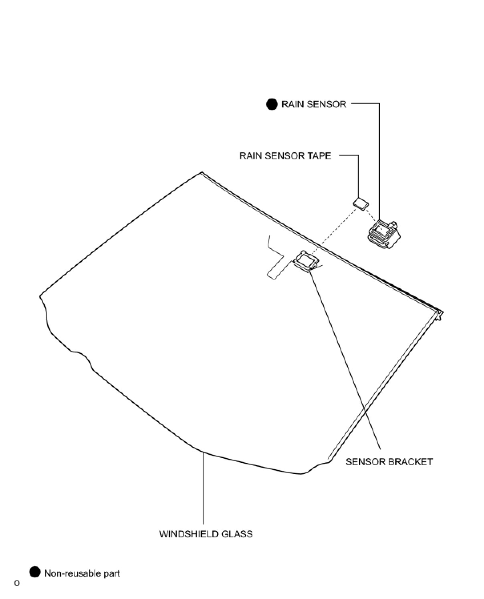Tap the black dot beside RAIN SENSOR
(272, 105)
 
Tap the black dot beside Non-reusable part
(35, 573)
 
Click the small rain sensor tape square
(361, 203)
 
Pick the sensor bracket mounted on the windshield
(307, 261)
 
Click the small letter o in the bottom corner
(17, 583)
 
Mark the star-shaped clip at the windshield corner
(440, 315)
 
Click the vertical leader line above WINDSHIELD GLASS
(203, 488)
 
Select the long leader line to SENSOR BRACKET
(345, 360)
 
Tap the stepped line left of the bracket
(275, 256)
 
